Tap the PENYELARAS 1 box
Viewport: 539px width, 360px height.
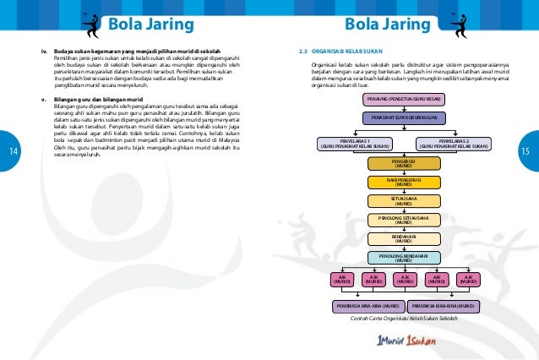354,143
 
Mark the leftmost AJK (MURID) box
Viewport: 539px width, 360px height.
343,279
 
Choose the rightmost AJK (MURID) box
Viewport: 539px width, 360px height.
468,279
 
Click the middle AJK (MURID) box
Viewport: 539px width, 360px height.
406,279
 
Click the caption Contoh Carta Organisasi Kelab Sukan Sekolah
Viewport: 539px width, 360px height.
402,319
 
